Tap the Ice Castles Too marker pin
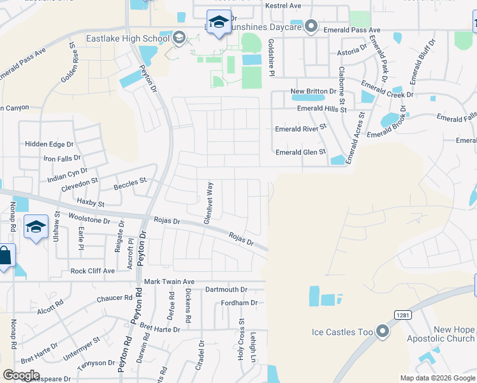[383, 331]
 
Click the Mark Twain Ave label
[169, 282]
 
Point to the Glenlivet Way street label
[209, 202]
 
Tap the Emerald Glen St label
[300, 152]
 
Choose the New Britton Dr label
[313, 91]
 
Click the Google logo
[21, 375]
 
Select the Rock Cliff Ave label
[92, 271]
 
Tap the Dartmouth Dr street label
[226, 290]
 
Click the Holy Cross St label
[242, 340]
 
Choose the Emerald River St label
[300, 128]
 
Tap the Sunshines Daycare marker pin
[311, 26]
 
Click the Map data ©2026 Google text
[437, 378]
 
